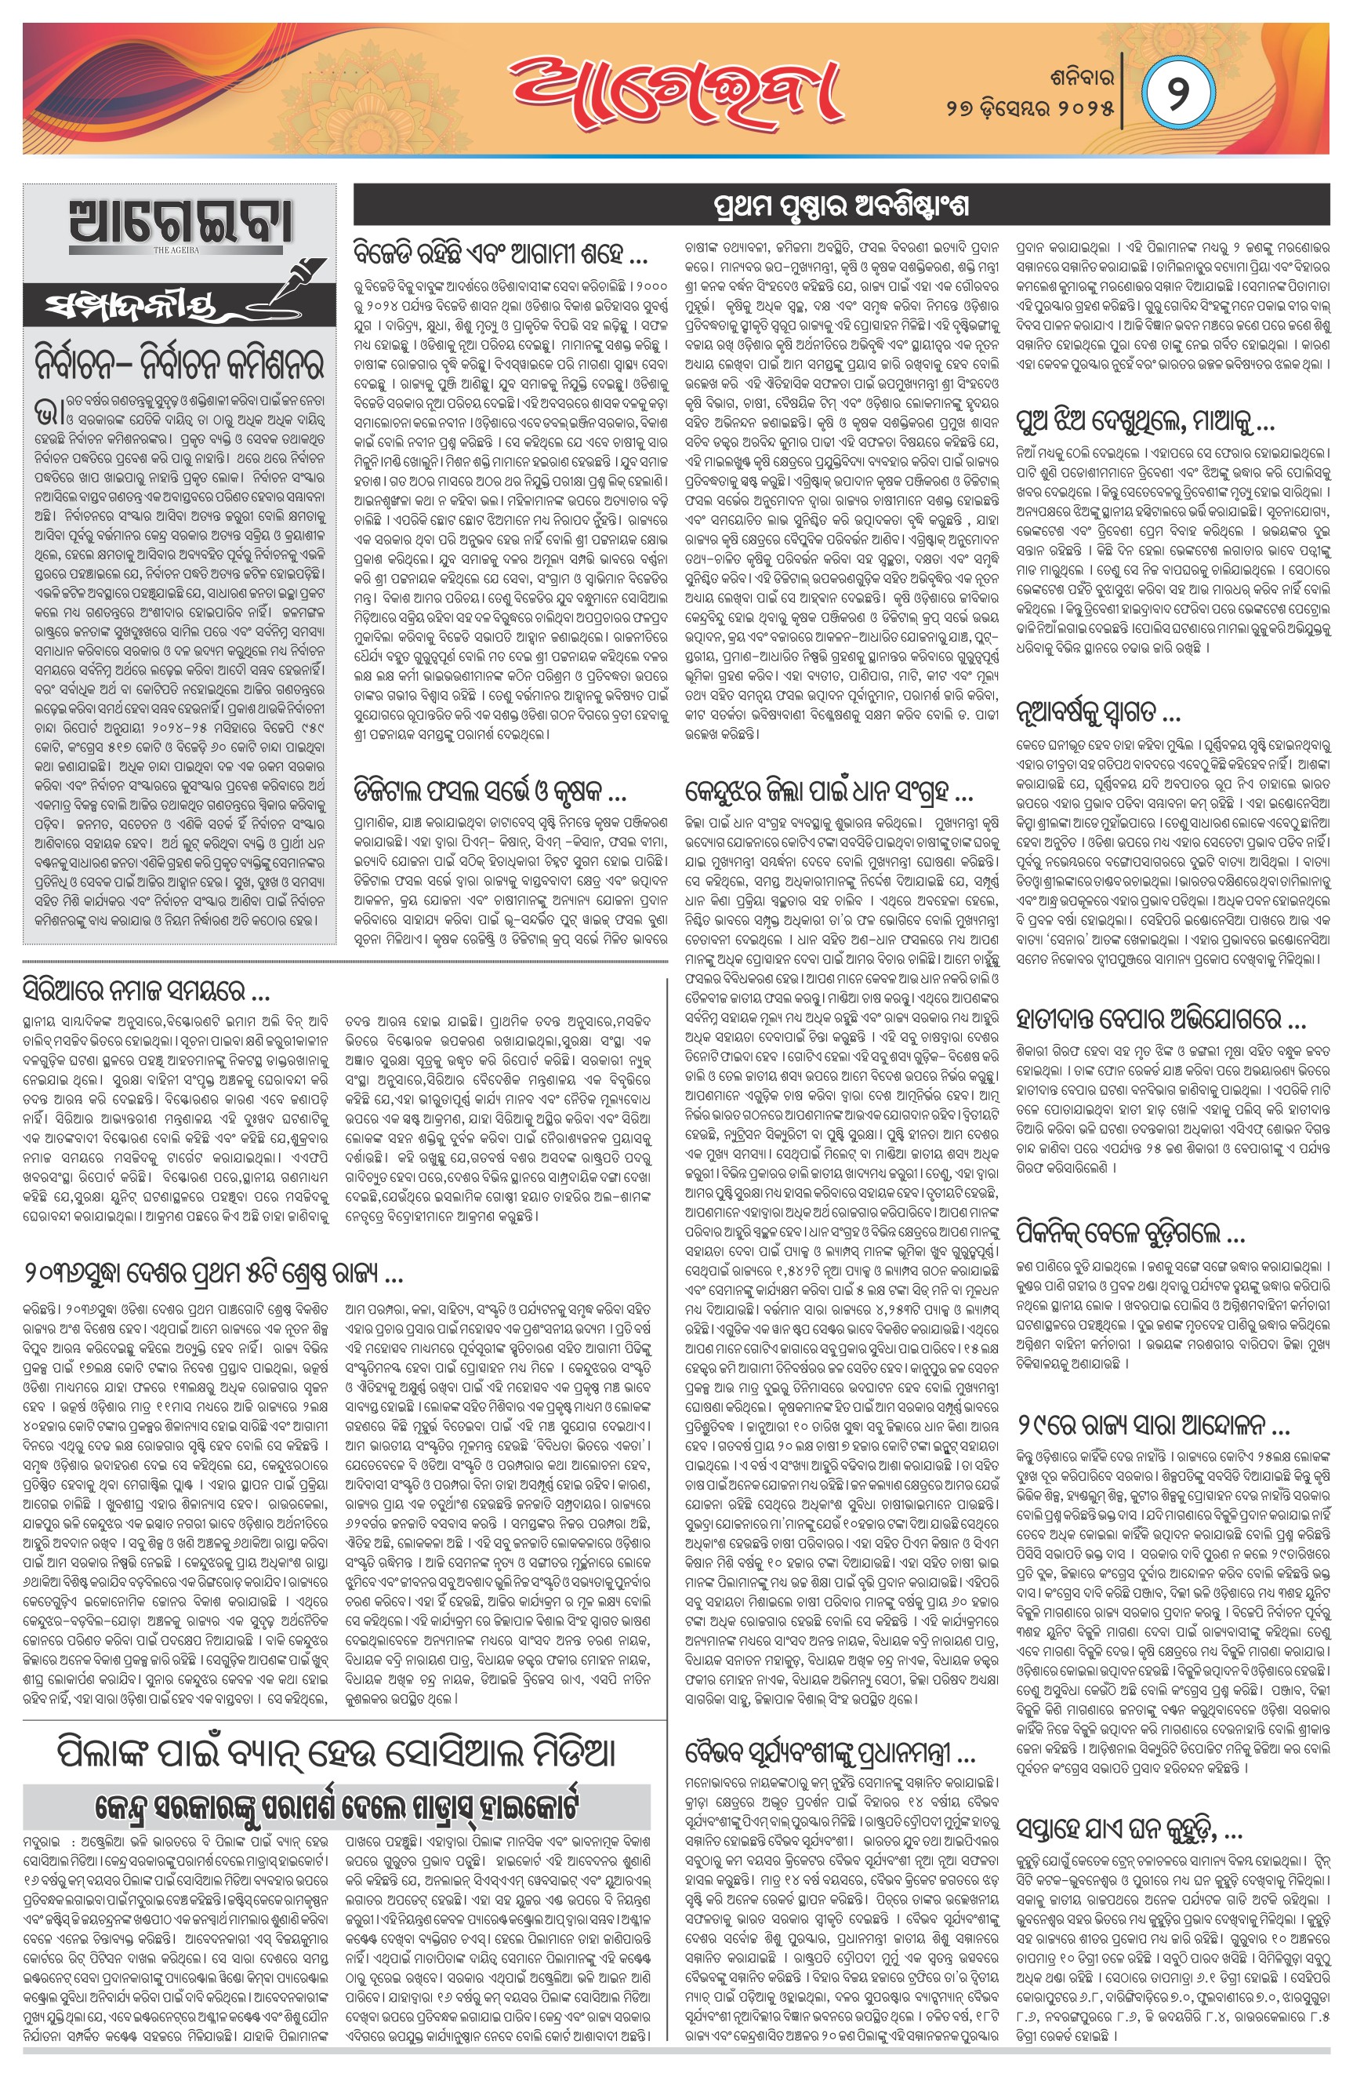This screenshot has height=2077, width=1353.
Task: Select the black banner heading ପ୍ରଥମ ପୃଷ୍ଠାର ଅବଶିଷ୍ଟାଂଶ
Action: [x=841, y=207]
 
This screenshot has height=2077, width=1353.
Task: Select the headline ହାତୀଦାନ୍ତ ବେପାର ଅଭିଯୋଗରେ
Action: [x=1160, y=1018]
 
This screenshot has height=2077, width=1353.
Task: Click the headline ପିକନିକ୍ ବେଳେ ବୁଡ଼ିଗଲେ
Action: [x=1130, y=1233]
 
